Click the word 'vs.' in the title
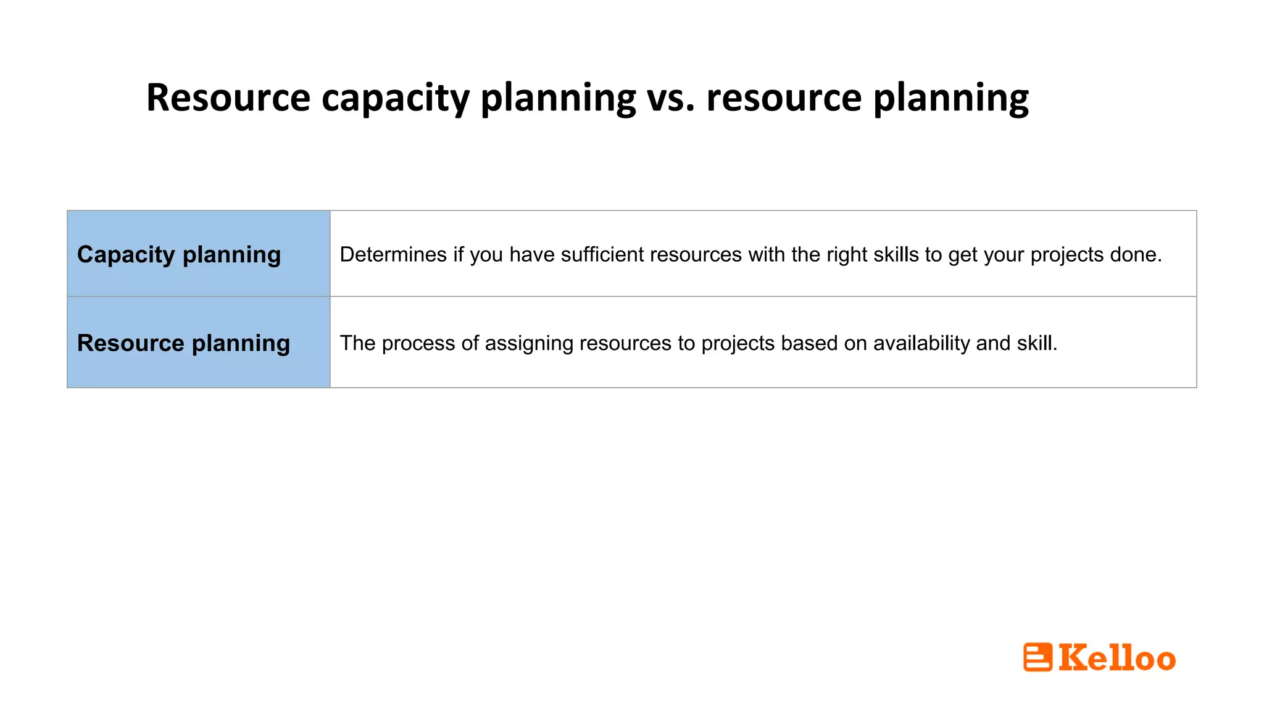click(x=671, y=98)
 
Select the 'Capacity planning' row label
click(x=179, y=255)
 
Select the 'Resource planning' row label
click(x=183, y=343)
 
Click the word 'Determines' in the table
click(x=393, y=255)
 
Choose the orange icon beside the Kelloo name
click(x=1037, y=657)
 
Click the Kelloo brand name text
click(x=1117, y=658)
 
